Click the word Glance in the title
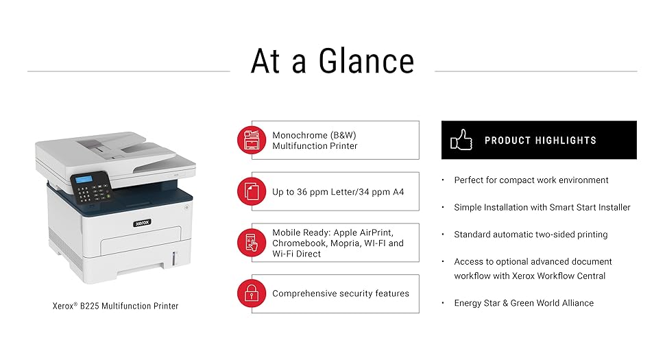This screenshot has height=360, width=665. pos(366,61)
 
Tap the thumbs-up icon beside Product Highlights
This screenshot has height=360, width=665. pos(461,140)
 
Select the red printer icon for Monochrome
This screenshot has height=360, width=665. pos(251,140)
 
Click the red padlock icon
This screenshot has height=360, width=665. pos(251,293)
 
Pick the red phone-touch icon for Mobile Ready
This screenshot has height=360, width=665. pos(251,243)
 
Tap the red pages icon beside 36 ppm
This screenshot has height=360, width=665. pos(251,191)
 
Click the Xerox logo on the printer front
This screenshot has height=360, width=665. pos(141,223)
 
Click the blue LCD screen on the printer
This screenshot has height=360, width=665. pos(83,180)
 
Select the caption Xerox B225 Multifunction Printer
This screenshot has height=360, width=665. pos(115,306)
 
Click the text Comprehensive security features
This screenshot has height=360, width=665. pos(340,293)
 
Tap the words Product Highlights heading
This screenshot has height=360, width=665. pos(540,141)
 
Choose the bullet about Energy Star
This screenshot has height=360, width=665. pos(524,303)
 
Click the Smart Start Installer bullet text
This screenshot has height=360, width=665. pos(542,207)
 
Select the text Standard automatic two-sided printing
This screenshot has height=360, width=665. pos(531,235)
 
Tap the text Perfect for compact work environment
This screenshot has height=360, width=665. pos(531,180)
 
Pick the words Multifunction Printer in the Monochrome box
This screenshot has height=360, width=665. pos(315,146)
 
